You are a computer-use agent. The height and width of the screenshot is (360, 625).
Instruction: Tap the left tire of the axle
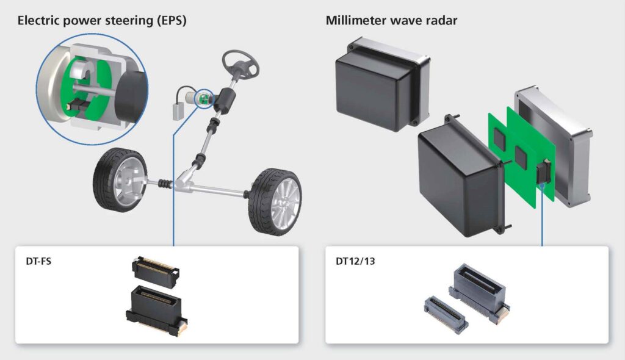[120, 179]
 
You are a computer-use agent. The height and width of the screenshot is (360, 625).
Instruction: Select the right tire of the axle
[275, 202]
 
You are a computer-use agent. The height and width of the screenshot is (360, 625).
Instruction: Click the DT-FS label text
[38, 261]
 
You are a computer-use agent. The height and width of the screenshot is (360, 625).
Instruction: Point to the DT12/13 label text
[355, 261]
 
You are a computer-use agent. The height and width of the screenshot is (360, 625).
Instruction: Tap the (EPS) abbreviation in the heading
[172, 20]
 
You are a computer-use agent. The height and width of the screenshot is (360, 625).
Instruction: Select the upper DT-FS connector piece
[156, 272]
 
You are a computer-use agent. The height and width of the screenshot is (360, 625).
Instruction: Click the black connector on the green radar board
[543, 172]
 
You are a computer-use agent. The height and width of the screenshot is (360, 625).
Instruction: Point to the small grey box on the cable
[178, 112]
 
